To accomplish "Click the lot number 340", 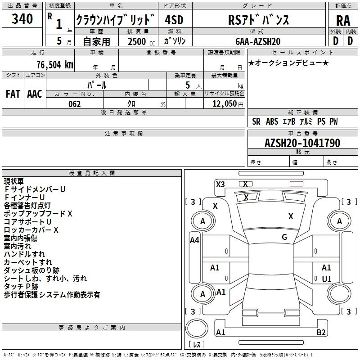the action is pos(22,18).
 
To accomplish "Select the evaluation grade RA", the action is pos(343,21).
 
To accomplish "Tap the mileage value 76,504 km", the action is pos(55,64).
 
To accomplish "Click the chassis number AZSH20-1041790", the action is pos(302,143).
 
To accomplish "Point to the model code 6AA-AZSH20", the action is pos(258,41).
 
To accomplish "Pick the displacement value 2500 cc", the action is pos(141,41).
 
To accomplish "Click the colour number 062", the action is pos(74,104).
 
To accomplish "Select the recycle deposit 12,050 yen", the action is pos(228,104).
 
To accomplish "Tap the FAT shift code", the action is pos(13,94).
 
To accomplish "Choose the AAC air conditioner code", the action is pos(35,94).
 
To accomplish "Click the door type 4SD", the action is pos(174,20).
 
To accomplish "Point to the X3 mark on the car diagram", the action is pos(220,184).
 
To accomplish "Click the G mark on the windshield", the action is pos(284,237).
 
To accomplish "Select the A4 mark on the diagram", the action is pos(194,240).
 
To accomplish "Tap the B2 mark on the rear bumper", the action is pos(321,332).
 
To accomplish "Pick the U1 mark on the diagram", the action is pos(327,279).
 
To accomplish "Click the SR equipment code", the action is pos(256,121).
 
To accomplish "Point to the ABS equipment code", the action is pos(272,121).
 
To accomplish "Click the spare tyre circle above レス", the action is pos(197,328).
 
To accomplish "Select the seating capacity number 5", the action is pos(188,85).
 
